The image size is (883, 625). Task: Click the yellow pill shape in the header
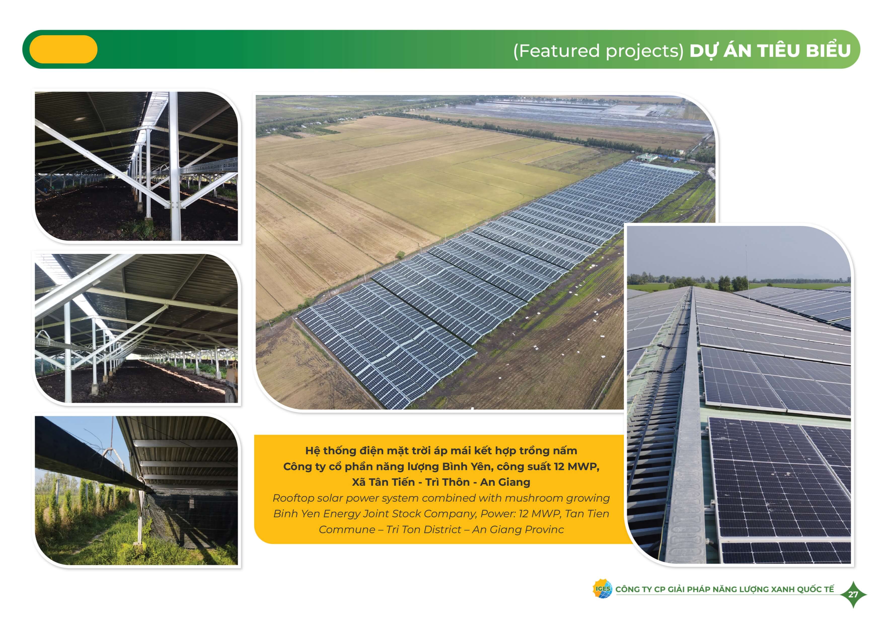tap(63, 49)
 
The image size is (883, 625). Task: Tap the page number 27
tap(853, 595)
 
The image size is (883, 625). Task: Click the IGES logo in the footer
tap(602, 589)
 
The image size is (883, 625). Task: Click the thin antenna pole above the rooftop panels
tap(747, 266)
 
